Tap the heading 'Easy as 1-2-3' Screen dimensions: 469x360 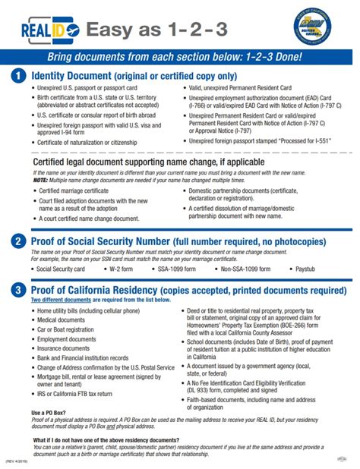[144, 30]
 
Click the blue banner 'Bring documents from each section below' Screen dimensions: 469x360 [179, 58]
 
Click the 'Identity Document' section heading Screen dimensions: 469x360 [133, 76]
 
